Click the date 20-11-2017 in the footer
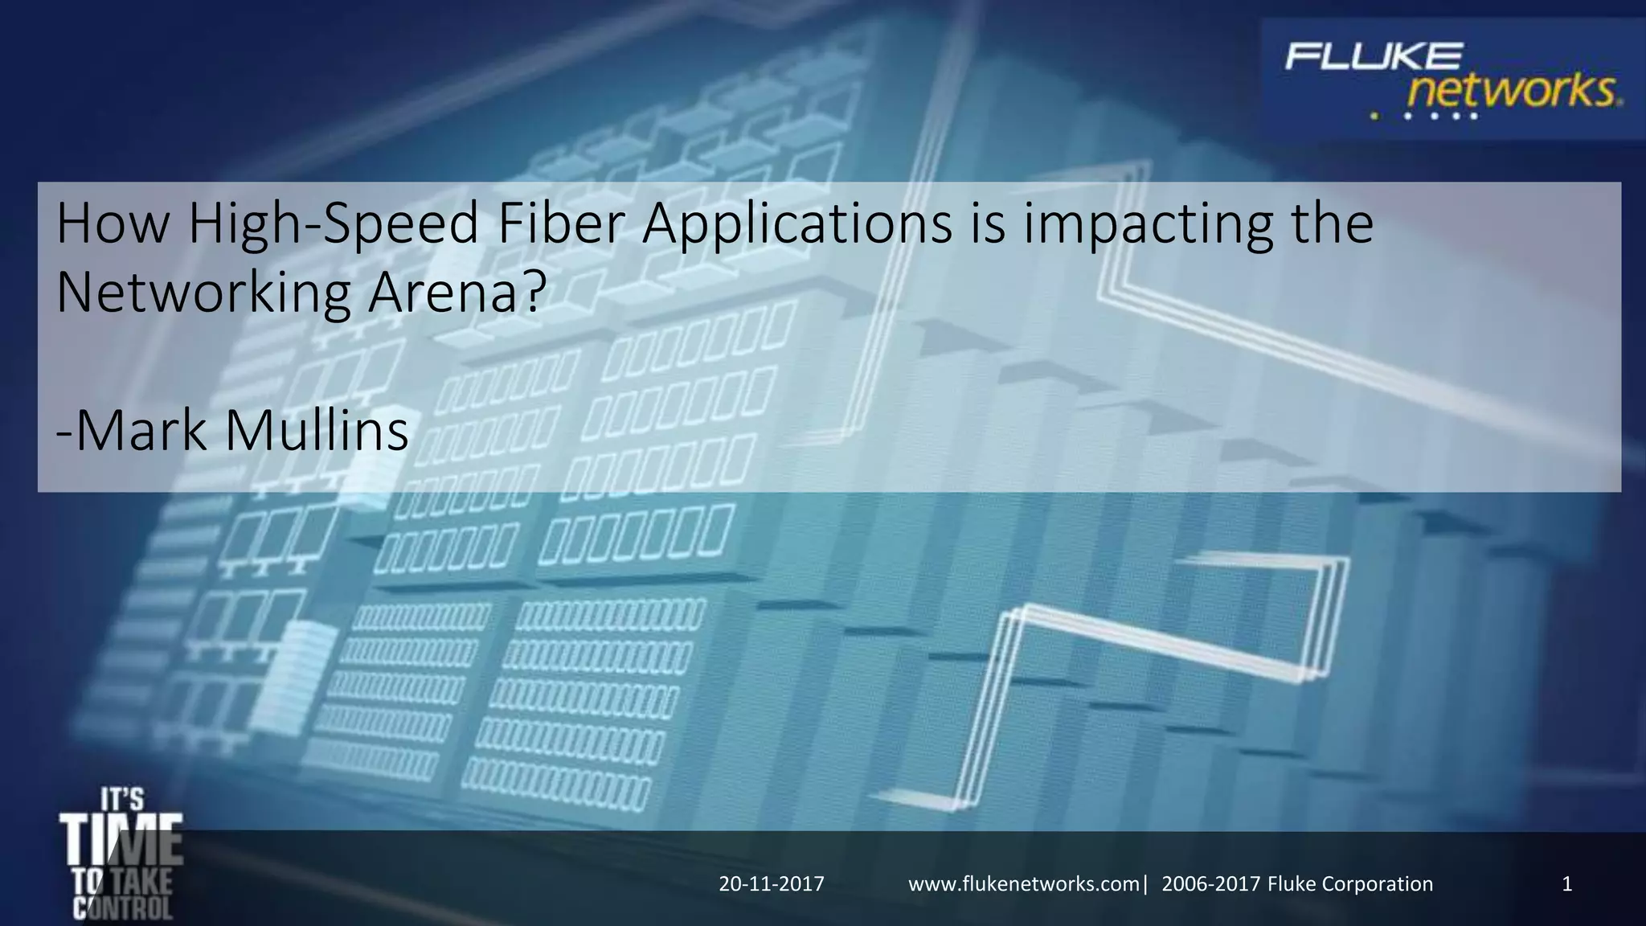[772, 884]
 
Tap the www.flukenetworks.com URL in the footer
[1023, 884]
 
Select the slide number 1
[1566, 884]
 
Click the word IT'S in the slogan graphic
[122, 799]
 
